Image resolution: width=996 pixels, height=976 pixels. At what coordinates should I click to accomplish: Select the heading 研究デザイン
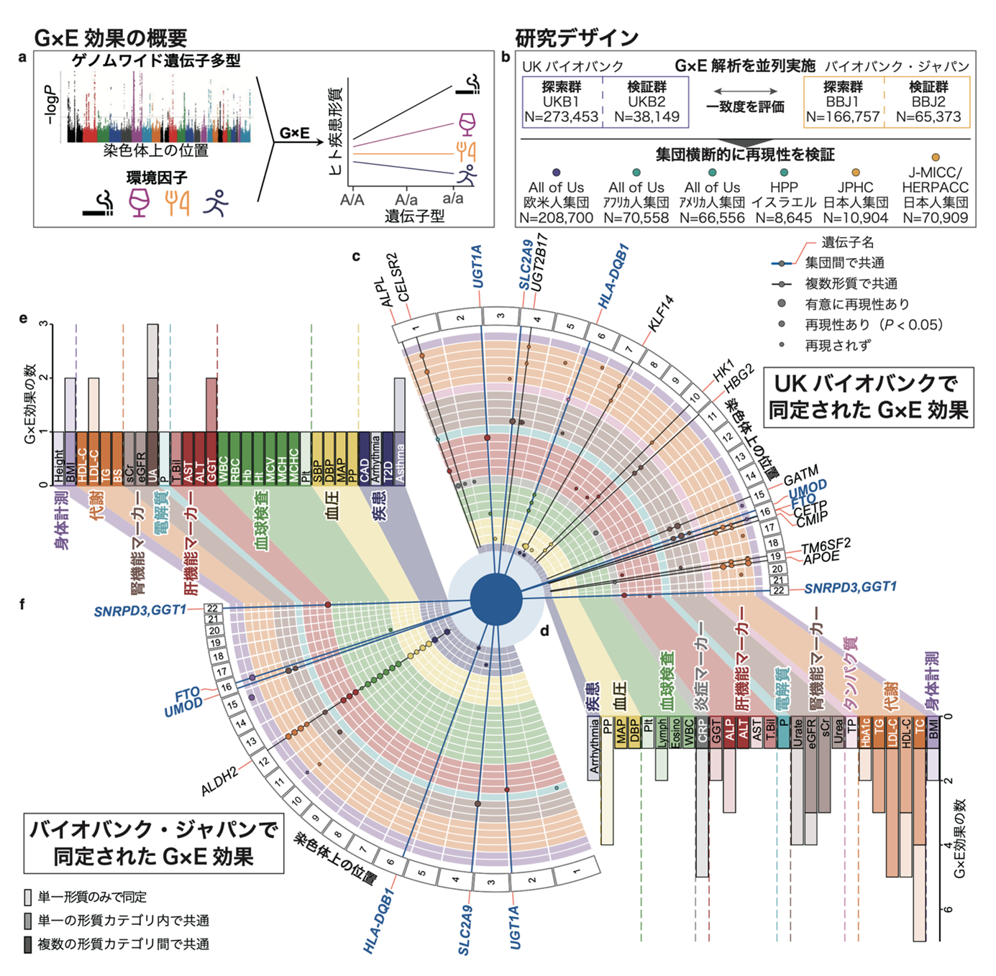(x=577, y=37)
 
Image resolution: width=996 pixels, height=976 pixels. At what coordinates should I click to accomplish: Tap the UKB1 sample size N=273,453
(x=561, y=117)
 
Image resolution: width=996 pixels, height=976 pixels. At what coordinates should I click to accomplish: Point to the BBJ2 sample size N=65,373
(x=928, y=117)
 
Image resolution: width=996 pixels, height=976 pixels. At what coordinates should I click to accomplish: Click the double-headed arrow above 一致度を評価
(x=745, y=91)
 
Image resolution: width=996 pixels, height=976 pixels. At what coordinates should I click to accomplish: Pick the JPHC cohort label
(x=855, y=188)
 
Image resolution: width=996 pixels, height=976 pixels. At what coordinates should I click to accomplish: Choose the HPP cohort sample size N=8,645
(x=783, y=218)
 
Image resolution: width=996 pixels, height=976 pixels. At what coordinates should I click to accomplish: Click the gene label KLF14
(x=660, y=313)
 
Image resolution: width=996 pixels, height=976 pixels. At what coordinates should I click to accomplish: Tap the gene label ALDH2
(x=219, y=781)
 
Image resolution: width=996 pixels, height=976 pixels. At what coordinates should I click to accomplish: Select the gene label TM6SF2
(x=826, y=545)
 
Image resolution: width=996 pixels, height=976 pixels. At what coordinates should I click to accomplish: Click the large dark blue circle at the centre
(x=496, y=599)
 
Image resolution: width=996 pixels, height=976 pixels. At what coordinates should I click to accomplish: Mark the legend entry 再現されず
(x=838, y=346)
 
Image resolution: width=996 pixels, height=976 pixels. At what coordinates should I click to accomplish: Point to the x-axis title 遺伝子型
(x=414, y=216)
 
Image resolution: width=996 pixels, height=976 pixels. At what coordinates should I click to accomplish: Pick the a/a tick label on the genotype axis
(x=453, y=198)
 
